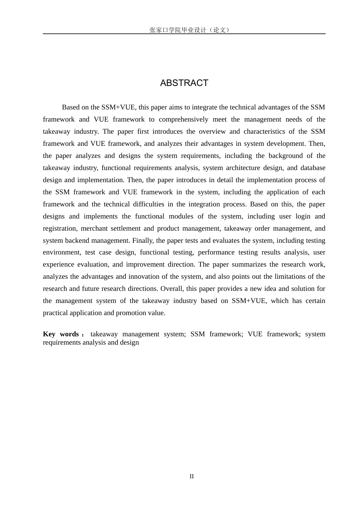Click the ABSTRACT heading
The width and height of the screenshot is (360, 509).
pos(184,83)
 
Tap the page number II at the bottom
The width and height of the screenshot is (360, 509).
pos(192,476)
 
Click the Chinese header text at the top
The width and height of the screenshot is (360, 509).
pos(189,30)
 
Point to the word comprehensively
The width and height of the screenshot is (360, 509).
pos(183,119)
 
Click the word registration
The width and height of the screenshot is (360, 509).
pos(59,228)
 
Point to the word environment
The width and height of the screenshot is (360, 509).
pos(61,252)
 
